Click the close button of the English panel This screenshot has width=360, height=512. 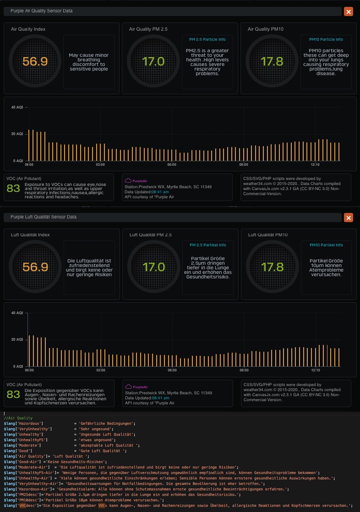(349, 12)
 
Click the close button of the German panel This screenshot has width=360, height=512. (349, 218)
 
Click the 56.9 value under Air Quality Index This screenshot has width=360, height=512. (35, 61)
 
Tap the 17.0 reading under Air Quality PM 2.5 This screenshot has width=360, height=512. (153, 61)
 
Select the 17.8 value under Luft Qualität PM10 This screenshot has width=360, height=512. (272, 267)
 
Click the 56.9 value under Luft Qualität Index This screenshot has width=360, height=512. (35, 267)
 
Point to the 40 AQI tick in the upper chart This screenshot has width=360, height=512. (16, 107)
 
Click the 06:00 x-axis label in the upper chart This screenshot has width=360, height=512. (172, 164)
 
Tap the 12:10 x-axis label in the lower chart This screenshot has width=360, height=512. (315, 370)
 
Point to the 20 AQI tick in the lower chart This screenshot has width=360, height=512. (16, 339)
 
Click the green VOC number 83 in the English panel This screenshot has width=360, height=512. (13, 188)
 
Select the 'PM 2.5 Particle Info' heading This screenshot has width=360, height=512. (207, 39)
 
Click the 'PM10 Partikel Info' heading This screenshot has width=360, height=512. (326, 245)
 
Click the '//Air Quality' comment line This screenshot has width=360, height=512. (18, 418)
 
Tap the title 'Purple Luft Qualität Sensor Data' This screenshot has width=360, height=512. (44, 217)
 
